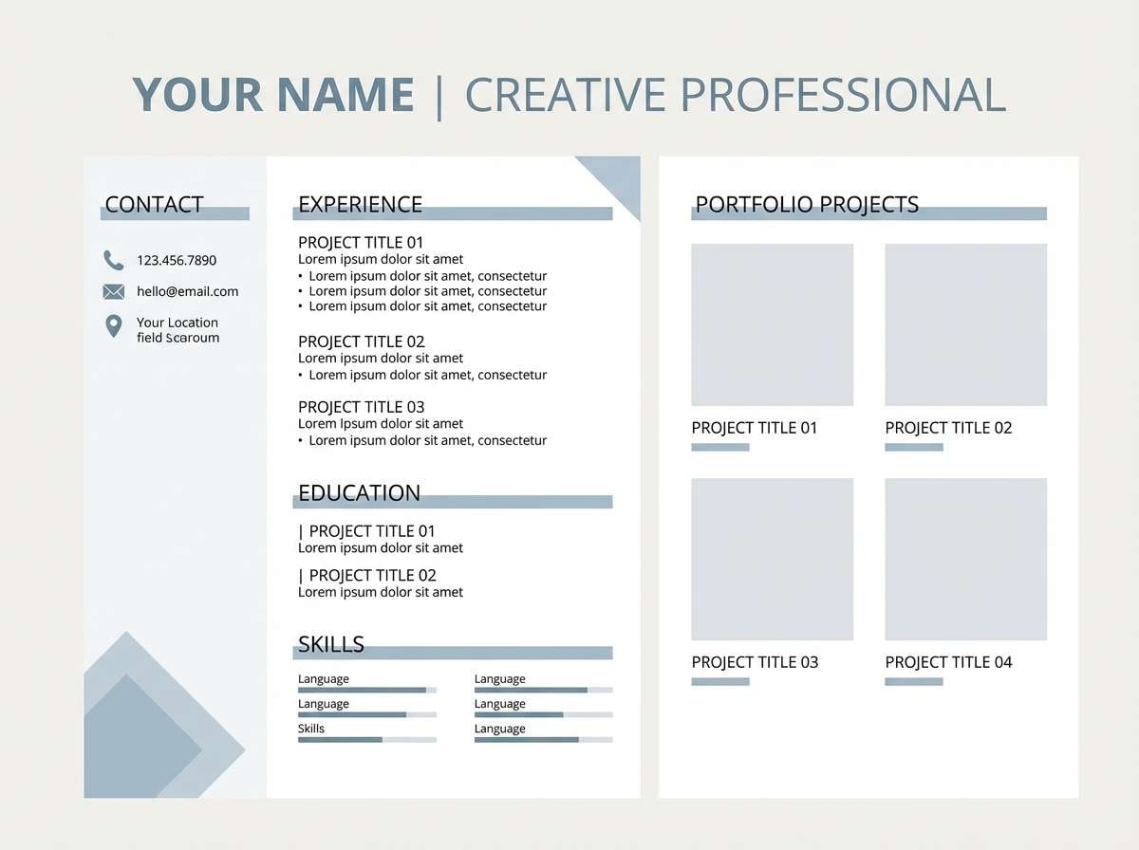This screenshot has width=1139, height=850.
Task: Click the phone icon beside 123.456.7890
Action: (x=114, y=260)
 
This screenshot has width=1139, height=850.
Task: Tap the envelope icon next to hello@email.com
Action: (x=114, y=291)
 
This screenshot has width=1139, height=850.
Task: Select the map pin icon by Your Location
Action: (x=114, y=326)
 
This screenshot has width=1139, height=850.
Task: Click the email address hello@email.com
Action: (x=187, y=291)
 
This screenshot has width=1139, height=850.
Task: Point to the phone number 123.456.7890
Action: (x=177, y=260)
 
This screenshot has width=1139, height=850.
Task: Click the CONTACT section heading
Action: (x=154, y=204)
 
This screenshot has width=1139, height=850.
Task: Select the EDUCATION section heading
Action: (x=359, y=493)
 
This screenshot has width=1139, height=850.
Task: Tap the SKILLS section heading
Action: (x=331, y=644)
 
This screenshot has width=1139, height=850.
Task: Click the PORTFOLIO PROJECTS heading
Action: (x=807, y=204)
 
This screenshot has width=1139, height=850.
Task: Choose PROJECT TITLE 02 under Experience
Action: (x=362, y=342)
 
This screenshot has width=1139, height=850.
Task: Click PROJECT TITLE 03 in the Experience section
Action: (x=362, y=407)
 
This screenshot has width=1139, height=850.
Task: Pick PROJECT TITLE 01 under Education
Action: (x=371, y=531)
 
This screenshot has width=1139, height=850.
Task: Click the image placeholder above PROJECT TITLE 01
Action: (x=772, y=324)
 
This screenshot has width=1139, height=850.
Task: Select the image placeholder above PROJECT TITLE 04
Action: (x=965, y=559)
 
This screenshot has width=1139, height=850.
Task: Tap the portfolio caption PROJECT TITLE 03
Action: (x=755, y=662)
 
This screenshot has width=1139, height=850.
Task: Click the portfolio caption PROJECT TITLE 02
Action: (x=948, y=428)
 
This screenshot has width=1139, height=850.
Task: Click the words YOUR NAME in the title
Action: (x=273, y=95)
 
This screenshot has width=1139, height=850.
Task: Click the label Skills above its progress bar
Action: (x=311, y=729)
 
